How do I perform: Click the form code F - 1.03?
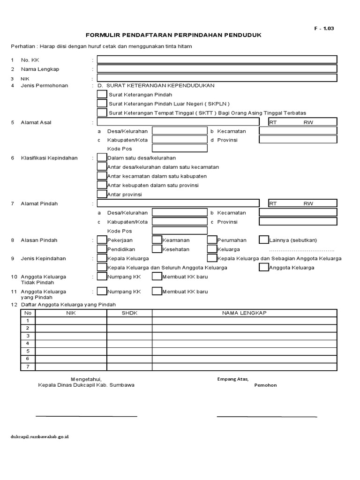pos(324,28)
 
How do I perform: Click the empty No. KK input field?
pos(217,60)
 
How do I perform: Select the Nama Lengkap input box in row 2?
pos(217,69)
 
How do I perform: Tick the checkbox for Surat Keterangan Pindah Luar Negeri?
pos(102,104)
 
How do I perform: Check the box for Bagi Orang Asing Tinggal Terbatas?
pos(102,113)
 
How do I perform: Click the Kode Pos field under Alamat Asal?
pos(180,149)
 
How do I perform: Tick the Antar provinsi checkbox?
pos(102,194)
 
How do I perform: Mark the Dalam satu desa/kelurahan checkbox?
pos(102,157)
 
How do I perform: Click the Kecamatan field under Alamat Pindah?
pos(298,213)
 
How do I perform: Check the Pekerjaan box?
pos(102,240)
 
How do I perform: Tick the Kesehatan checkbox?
pos(157,249)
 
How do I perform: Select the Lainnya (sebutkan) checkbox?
pos(264,240)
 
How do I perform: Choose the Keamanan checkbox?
pos(157,240)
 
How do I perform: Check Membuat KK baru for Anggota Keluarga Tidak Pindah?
pos(157,277)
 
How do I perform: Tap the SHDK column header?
pos(129,313)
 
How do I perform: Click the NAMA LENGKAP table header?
pos(244,313)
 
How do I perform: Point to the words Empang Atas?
pos(233,379)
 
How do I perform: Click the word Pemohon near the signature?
pos(265,385)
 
